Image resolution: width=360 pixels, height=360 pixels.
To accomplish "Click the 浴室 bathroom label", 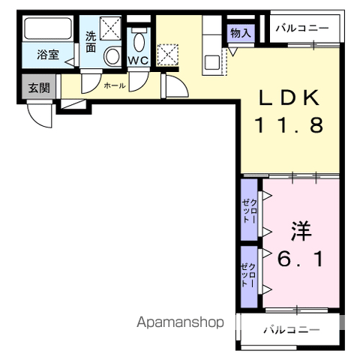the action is (48, 55).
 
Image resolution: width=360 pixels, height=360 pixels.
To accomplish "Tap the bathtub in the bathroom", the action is (48, 28).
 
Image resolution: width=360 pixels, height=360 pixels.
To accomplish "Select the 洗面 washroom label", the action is (91, 42).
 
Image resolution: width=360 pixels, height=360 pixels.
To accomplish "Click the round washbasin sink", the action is (112, 56).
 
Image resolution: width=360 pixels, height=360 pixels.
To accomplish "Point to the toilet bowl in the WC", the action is (139, 41).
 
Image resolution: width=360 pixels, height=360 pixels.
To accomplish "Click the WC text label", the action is (139, 60).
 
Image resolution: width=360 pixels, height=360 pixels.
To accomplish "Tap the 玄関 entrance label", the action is (39, 88).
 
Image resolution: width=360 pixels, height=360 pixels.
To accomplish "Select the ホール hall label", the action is (115, 85).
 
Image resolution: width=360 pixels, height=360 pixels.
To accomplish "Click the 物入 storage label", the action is (241, 33).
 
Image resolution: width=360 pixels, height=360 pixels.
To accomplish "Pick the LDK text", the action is (289, 97).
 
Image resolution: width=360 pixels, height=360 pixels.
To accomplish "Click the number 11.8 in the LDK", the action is (289, 124).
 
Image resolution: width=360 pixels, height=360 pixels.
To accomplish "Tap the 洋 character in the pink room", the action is (301, 231).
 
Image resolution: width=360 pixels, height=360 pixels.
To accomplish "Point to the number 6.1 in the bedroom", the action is (300, 259).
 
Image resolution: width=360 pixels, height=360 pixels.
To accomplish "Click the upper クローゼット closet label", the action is (249, 211).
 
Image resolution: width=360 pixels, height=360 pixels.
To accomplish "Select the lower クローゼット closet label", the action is (248, 275).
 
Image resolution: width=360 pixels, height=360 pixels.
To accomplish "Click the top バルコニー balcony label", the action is (302, 28).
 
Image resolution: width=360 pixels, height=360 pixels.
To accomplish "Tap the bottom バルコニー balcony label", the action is (292, 330).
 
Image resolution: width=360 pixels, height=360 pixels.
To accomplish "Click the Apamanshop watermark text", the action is (180, 322).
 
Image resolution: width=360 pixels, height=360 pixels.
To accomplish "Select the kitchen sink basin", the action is (212, 63).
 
